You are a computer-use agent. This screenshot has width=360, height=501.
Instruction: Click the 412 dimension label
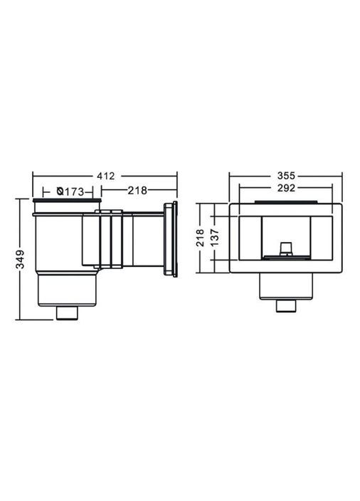(105, 176)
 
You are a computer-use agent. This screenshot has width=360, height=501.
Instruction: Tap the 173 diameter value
(75, 191)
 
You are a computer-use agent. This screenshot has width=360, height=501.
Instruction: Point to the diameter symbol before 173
(60, 191)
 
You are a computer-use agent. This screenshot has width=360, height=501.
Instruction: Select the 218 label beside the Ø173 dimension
(137, 191)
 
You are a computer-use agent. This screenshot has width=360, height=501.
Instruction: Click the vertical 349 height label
(20, 259)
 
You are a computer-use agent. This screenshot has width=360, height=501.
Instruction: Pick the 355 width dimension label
(286, 176)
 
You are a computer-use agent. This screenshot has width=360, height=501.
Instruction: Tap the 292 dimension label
(286, 188)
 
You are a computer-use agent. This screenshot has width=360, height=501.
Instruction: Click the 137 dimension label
(215, 237)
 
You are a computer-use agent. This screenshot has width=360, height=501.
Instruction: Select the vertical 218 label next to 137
(201, 237)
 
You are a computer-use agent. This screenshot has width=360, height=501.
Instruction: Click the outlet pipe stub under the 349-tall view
(67, 313)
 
